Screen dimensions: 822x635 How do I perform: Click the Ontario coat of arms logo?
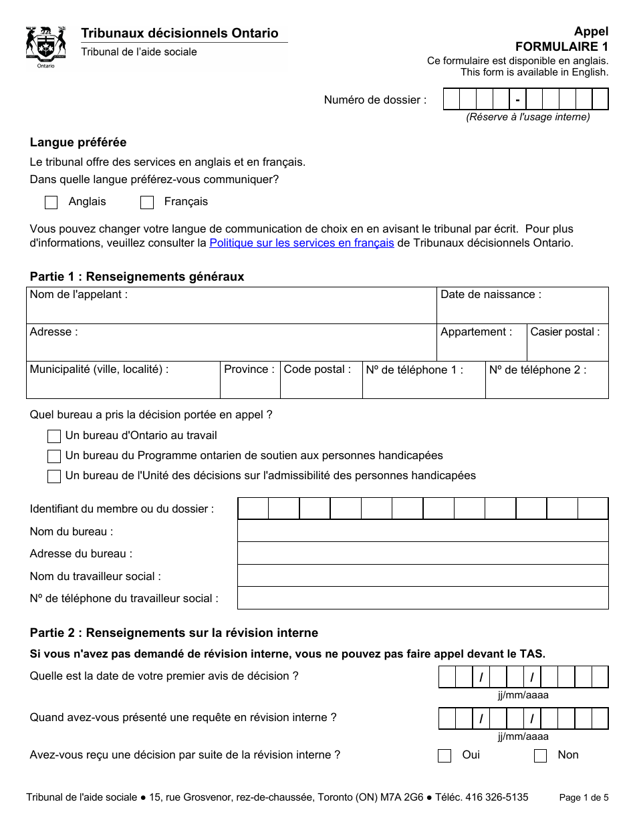coord(45,47)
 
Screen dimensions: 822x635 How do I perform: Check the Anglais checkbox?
coord(51,202)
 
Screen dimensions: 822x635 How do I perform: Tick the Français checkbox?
coord(147,202)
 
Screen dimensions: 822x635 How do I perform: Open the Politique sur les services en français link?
coord(301,243)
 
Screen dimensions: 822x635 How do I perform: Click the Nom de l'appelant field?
coord(231,311)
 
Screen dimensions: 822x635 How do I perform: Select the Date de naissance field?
coord(523,311)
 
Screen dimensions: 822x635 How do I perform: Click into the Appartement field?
coord(481,349)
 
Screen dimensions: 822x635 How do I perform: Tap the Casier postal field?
coord(567,349)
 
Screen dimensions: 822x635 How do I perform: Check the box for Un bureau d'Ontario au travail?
coord(54,436)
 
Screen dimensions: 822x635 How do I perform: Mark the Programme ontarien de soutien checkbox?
coord(54,456)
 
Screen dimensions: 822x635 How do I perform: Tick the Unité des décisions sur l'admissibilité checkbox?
coord(54,476)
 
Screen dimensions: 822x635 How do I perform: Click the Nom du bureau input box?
coord(422,531)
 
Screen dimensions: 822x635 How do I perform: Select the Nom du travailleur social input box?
coord(422,576)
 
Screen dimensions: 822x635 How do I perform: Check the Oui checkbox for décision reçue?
coord(444,756)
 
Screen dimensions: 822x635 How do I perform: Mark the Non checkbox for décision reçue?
coord(541,756)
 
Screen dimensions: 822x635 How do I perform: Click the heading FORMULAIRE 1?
coord(561,47)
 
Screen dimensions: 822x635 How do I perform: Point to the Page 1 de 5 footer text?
coord(584,797)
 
